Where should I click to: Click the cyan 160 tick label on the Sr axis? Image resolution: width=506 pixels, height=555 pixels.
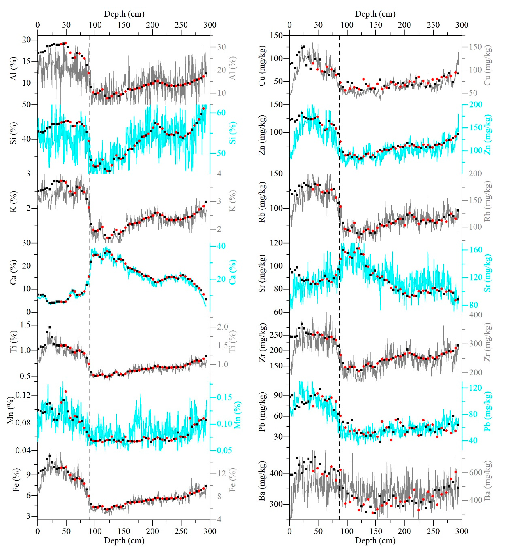coord(476,250)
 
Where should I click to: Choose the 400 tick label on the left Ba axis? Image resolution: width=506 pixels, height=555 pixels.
coord(276,474)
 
